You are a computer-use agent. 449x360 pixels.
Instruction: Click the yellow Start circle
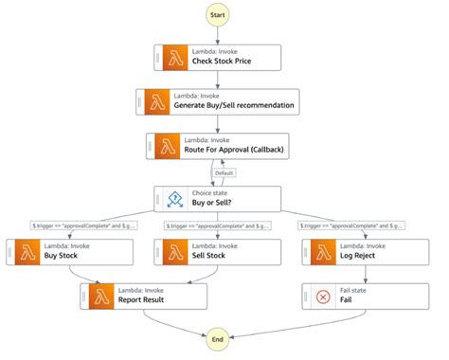[x=218, y=16]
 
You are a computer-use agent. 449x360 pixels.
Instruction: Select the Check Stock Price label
[x=224, y=62]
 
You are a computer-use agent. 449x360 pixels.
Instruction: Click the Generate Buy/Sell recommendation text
[x=243, y=105]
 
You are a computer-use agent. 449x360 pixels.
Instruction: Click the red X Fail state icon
[x=322, y=297]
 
